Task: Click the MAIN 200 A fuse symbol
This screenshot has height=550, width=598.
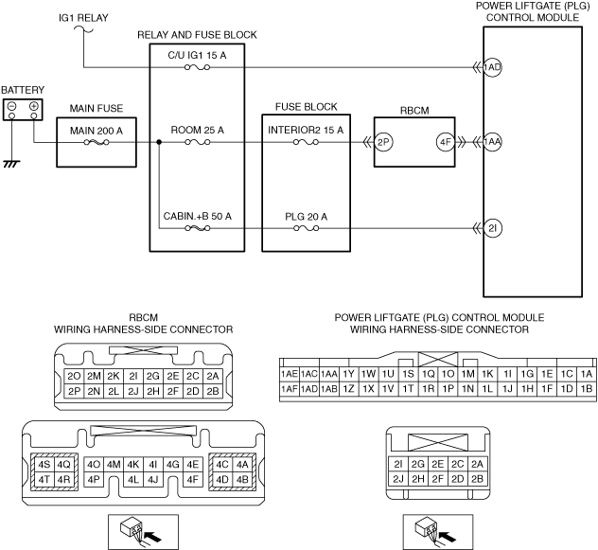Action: [x=97, y=142]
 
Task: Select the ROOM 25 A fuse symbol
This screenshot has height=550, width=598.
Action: [x=197, y=142]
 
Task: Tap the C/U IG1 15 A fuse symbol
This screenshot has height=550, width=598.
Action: [x=197, y=67]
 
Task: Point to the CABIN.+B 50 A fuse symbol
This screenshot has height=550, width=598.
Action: [x=197, y=228]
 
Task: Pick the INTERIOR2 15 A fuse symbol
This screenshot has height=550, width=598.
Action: [x=307, y=142]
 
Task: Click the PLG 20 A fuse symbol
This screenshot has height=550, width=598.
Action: [x=307, y=228]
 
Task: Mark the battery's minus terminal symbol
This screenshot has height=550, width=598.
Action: [x=11, y=106]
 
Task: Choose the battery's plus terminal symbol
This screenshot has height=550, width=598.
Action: [x=34, y=106]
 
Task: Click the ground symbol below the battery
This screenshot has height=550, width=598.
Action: [x=11, y=164]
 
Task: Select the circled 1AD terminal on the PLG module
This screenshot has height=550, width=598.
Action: [x=492, y=67]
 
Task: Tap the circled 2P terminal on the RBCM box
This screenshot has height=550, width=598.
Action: [x=383, y=142]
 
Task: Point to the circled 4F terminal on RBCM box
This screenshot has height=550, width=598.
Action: [x=446, y=142]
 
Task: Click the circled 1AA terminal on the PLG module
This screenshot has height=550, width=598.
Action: [x=492, y=142]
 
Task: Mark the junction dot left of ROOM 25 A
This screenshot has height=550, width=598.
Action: [x=159, y=142]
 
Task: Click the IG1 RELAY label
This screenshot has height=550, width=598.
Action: [x=83, y=18]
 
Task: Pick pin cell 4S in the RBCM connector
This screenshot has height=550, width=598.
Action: [x=44, y=465]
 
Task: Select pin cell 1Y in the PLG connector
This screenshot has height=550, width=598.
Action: [x=348, y=374]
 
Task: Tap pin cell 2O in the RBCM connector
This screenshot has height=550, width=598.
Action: [x=74, y=377]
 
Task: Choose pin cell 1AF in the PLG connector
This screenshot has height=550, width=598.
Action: [x=290, y=389]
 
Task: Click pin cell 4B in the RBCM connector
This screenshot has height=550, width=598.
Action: [x=242, y=479]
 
